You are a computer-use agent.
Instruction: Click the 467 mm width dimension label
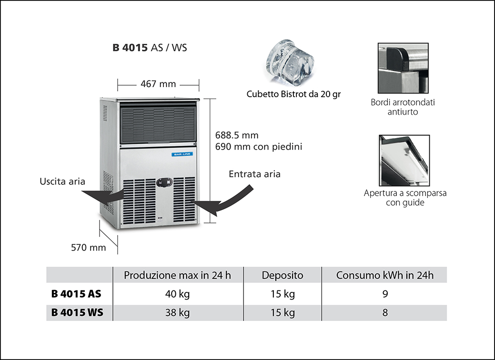click(158, 84)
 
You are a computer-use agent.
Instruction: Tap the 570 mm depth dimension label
click(89, 248)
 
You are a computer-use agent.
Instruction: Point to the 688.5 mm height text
click(237, 135)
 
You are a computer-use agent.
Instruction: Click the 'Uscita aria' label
click(62, 181)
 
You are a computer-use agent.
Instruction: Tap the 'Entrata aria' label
click(254, 174)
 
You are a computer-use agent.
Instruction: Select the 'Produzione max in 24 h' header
click(177, 275)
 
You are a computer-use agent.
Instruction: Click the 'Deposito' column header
click(283, 275)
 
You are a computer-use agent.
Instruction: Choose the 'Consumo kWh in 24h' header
click(385, 275)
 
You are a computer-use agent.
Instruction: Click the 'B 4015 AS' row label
click(76, 294)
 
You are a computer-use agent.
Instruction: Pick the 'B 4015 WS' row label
click(76, 313)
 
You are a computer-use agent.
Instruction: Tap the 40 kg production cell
click(177, 294)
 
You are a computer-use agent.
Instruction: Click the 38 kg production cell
click(177, 313)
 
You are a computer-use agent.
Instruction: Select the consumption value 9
click(385, 294)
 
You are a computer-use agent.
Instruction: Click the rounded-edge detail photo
click(403, 68)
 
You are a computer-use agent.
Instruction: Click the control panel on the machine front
click(164, 182)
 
